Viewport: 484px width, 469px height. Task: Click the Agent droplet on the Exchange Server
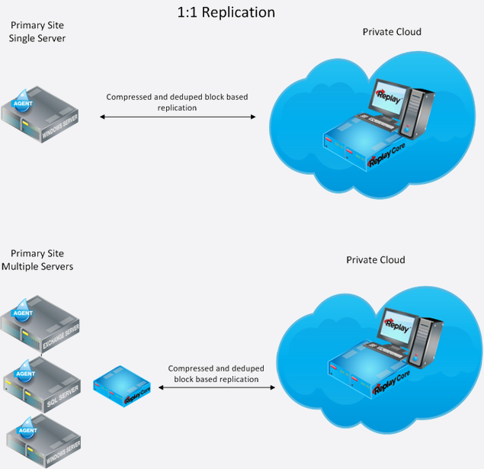(x=23, y=310)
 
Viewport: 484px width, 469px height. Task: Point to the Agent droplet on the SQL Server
(x=25, y=371)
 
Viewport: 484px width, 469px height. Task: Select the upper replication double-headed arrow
(x=178, y=117)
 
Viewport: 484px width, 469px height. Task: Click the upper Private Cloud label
(x=392, y=32)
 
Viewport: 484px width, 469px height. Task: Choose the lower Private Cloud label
(x=375, y=260)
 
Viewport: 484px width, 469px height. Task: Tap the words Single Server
(x=37, y=39)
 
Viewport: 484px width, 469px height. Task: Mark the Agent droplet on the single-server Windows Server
(x=23, y=101)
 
